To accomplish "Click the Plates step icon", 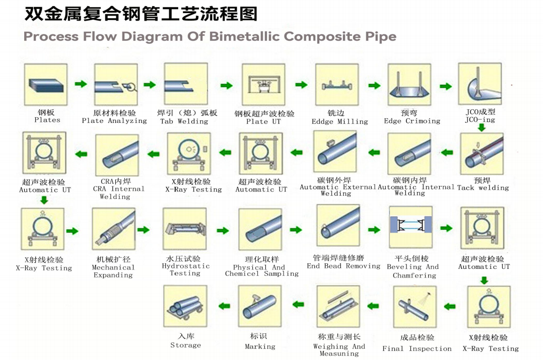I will (x=46, y=85).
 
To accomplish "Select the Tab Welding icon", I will (x=185, y=84).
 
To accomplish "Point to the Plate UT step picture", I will (x=263, y=85).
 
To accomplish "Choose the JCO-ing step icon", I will (x=480, y=84).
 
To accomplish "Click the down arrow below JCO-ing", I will (x=481, y=128).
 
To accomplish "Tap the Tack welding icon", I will (x=481, y=154).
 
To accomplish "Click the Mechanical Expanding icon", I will (x=113, y=230).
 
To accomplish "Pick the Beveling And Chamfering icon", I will (x=410, y=227).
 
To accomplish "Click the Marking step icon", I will (x=260, y=307).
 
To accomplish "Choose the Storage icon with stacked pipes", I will (x=185, y=307).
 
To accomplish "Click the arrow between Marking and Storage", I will (x=224, y=306).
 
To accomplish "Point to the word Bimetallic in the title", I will (x=244, y=37).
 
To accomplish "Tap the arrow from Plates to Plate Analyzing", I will (x=81, y=84).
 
